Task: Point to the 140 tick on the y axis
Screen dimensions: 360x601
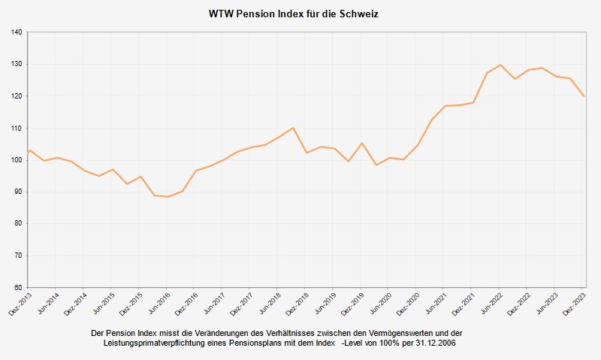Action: (17, 32)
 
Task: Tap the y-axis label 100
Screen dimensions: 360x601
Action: (17, 160)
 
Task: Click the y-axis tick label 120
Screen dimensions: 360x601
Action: (17, 96)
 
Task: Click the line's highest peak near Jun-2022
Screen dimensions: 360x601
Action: (500, 65)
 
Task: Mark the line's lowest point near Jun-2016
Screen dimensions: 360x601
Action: (168, 197)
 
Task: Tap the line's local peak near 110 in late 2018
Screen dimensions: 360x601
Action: (292, 128)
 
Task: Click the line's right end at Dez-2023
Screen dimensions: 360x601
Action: (584, 96)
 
